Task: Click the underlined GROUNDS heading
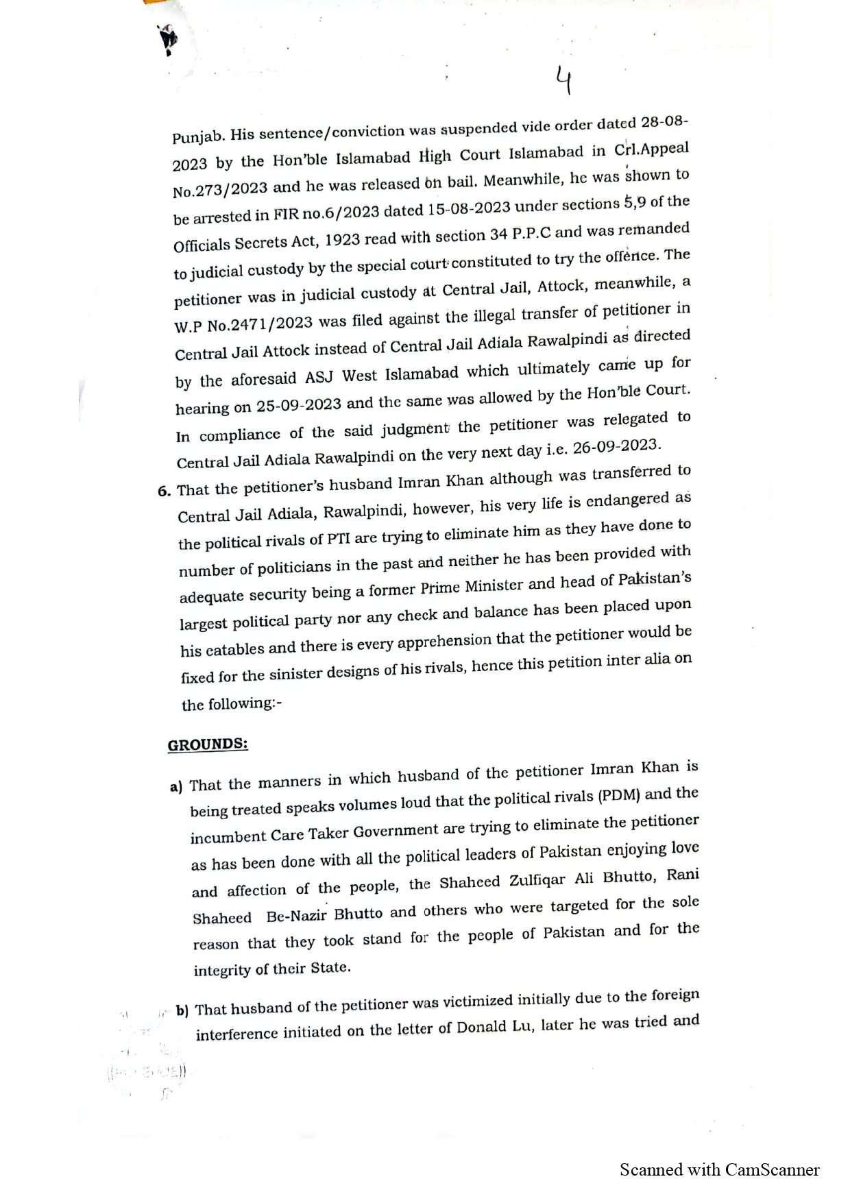pyautogui.click(x=208, y=744)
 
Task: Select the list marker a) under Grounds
pyautogui.click(x=175, y=786)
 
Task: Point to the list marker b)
pyautogui.click(x=182, y=1010)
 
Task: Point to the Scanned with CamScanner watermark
pyautogui.click(x=719, y=1170)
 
